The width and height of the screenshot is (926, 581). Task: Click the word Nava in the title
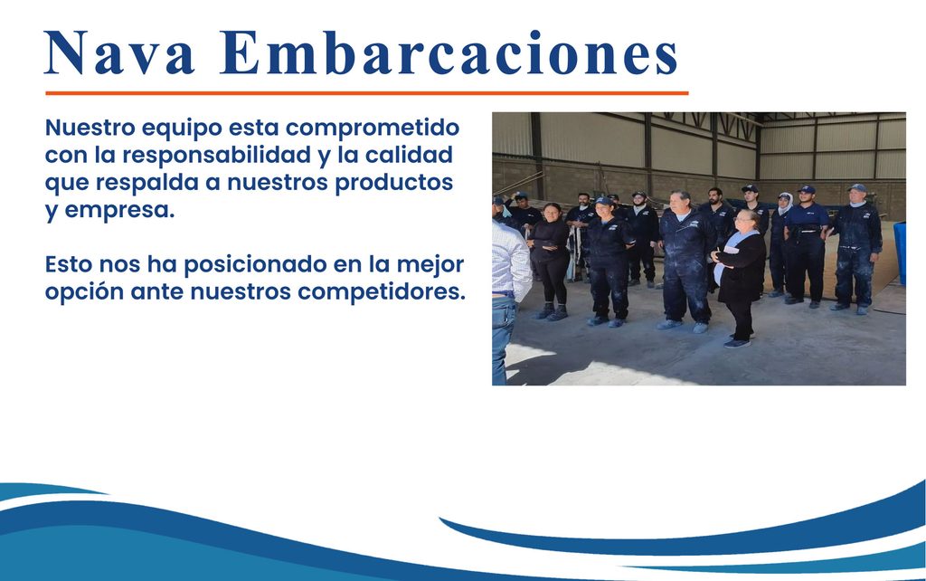tap(119, 52)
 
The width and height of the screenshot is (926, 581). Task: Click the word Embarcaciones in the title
tap(449, 52)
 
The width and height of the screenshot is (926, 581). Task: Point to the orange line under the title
tap(367, 93)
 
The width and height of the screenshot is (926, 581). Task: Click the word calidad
tap(409, 155)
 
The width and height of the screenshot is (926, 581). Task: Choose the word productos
tap(394, 183)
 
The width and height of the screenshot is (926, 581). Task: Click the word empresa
tap(119, 211)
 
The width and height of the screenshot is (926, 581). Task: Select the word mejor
tap(430, 265)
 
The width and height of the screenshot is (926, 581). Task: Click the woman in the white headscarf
tap(780, 243)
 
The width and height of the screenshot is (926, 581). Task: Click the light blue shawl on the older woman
tap(730, 254)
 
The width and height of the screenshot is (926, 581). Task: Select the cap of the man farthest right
tap(857, 188)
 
